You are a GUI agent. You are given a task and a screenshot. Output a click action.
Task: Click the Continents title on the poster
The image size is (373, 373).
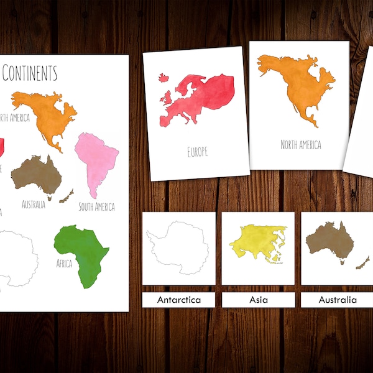(29, 73)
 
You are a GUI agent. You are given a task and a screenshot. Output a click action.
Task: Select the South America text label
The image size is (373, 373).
(96, 206)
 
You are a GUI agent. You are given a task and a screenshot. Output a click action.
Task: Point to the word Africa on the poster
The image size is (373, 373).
(64, 264)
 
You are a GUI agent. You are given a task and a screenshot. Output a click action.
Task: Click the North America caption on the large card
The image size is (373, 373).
(300, 145)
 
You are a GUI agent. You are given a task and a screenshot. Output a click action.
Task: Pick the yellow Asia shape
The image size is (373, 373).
(254, 243)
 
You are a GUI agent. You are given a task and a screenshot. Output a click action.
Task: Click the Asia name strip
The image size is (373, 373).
(258, 300)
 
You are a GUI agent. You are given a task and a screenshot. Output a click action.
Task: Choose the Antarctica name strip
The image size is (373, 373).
(178, 300)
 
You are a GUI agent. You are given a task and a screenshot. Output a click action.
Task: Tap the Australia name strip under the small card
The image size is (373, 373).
(337, 300)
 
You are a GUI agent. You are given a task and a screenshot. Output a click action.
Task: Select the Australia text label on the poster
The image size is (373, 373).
(33, 203)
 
